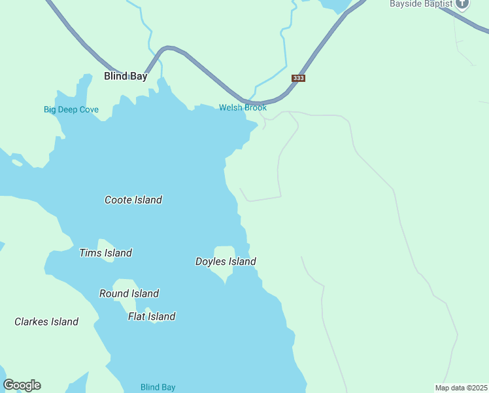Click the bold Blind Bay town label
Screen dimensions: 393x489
click(x=126, y=76)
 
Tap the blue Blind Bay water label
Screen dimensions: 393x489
click(x=158, y=387)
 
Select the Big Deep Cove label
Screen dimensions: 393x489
click(x=71, y=109)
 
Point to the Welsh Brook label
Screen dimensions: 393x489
click(x=243, y=107)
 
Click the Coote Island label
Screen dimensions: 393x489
click(x=133, y=200)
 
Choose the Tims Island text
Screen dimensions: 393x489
click(x=105, y=253)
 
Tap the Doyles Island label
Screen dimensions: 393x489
click(x=226, y=261)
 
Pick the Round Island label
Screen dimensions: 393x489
click(x=129, y=293)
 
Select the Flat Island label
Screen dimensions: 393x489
click(x=152, y=316)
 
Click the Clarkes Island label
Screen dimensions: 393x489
click(x=46, y=322)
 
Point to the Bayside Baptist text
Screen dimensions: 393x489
click(x=421, y=4)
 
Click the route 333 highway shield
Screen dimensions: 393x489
click(x=298, y=78)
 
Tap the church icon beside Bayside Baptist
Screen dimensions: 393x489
click(x=463, y=4)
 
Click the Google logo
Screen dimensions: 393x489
click(x=22, y=385)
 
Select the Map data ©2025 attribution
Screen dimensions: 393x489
click(x=461, y=387)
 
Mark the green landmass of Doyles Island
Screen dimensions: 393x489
click(x=224, y=251)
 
